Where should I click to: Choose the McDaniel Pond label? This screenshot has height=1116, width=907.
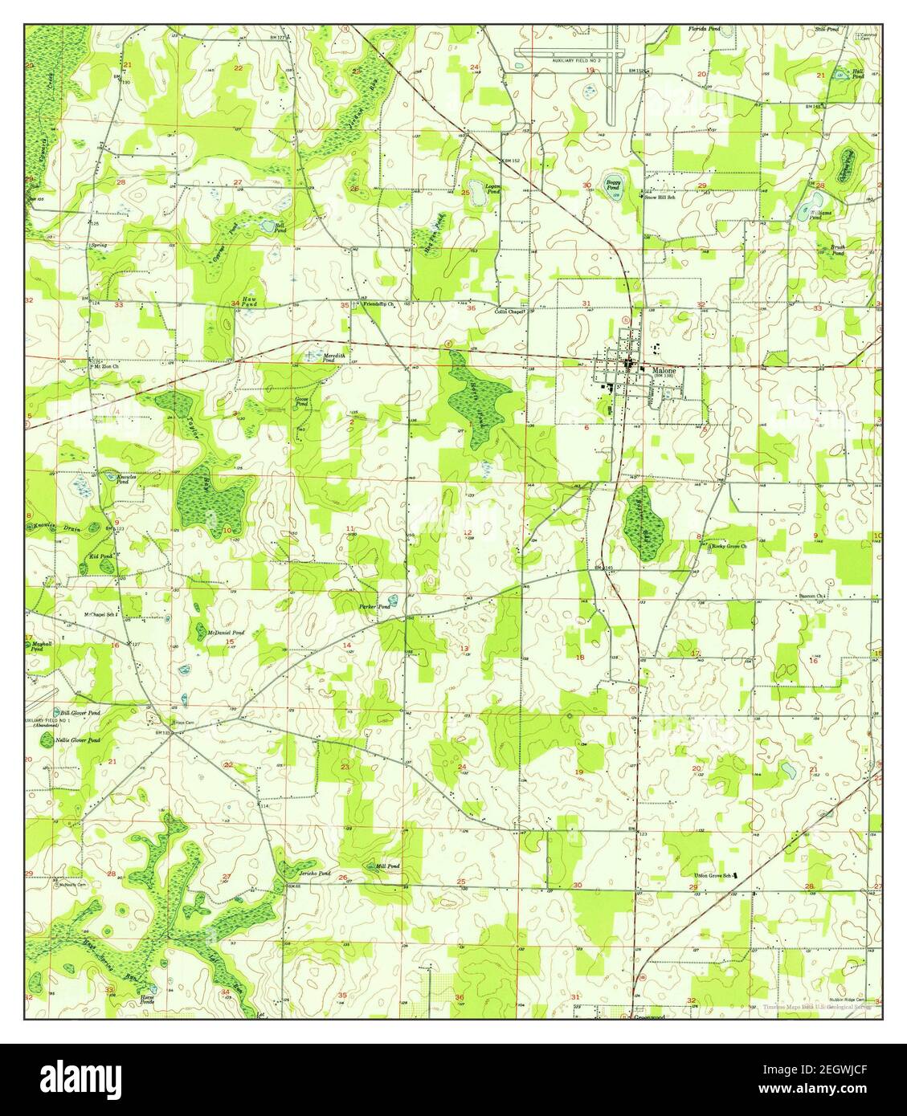(x=226, y=633)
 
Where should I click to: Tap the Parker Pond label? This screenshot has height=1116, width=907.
(x=374, y=607)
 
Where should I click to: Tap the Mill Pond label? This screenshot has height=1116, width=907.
(x=387, y=866)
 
